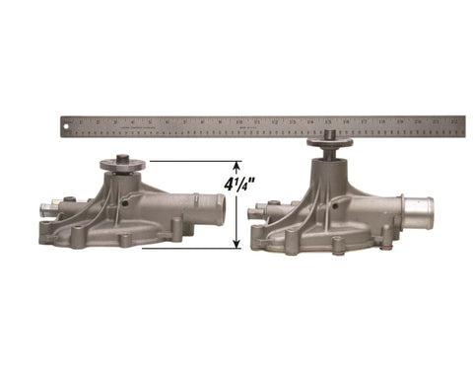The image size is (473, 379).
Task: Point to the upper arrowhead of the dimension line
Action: [236, 166]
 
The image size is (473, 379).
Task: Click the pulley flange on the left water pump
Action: [122, 167]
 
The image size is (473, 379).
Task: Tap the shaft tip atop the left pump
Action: [122, 156]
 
